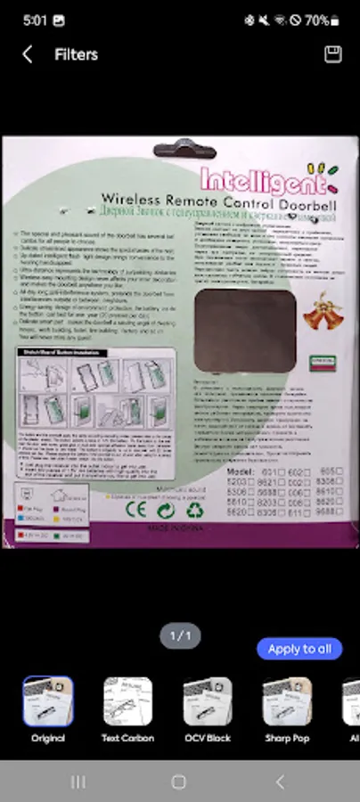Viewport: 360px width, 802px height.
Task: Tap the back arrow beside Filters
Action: point(27,54)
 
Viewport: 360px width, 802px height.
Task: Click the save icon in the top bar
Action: point(333,54)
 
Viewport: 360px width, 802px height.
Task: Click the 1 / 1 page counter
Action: point(180,635)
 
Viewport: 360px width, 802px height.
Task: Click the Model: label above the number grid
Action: point(241,471)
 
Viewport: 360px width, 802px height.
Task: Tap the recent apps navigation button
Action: point(78,782)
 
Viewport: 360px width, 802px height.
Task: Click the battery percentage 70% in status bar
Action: point(316,19)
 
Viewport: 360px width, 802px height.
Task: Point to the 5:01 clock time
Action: point(36,19)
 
